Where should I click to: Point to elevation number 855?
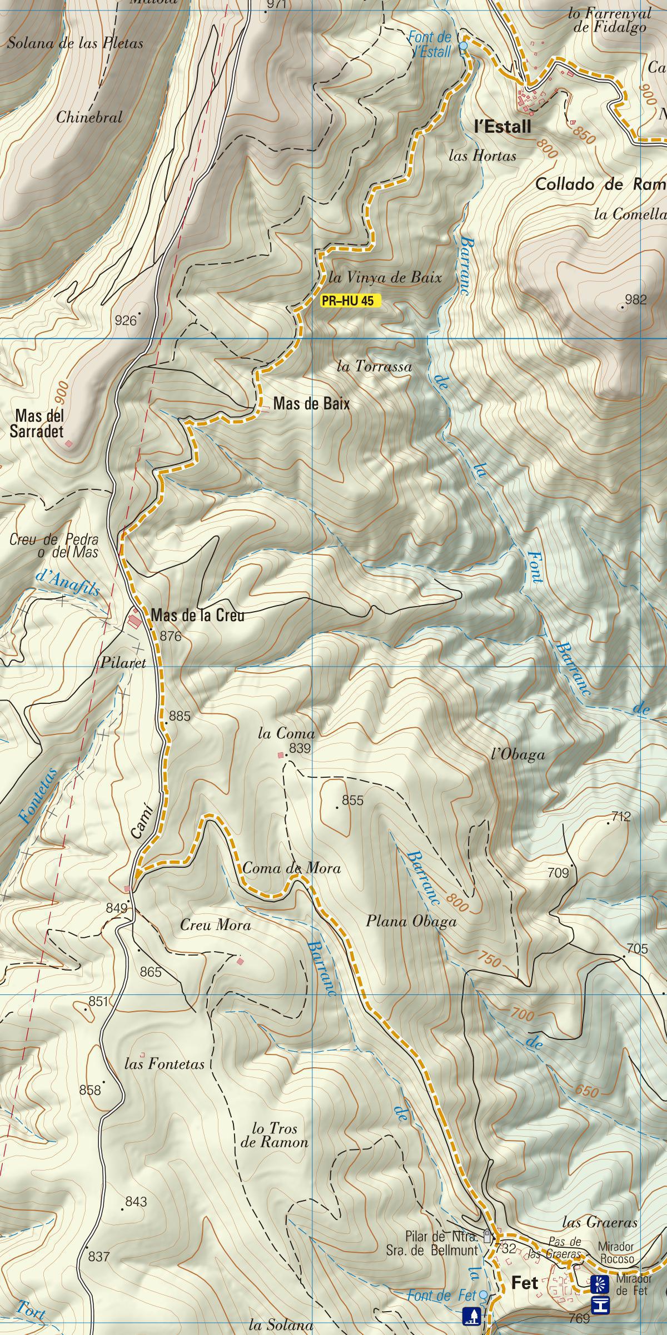353,801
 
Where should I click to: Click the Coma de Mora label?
291,868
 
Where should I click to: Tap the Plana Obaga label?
411,922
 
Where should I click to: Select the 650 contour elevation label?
587,1092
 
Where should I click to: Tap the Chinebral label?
89,118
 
